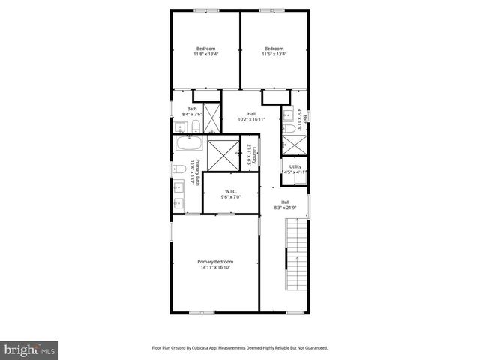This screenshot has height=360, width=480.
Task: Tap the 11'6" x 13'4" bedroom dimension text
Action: (274, 54)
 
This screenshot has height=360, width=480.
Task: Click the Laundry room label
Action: (254, 155)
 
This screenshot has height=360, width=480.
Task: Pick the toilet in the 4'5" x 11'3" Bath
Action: (289, 129)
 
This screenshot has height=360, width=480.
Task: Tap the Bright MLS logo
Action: (30, 349)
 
